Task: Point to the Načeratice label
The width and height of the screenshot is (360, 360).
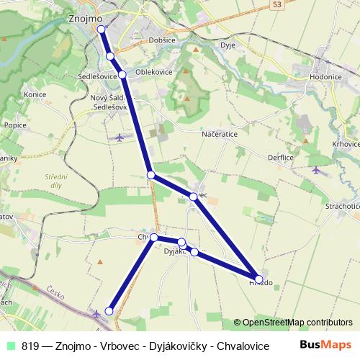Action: click(220, 133)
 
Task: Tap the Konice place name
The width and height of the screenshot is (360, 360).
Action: click(35, 94)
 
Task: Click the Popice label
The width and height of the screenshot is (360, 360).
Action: click(15, 125)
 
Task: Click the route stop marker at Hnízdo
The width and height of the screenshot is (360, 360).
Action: click(258, 279)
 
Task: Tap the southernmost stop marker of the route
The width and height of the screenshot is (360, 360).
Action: click(109, 310)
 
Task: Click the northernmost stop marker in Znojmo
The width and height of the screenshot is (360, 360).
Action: click(102, 30)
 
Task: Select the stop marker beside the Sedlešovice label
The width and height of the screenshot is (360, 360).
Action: click(122, 74)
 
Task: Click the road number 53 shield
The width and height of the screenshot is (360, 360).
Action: click(277, 4)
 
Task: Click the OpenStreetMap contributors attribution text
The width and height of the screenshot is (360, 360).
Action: click(297, 323)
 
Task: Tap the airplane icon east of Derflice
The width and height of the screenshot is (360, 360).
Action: click(316, 170)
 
